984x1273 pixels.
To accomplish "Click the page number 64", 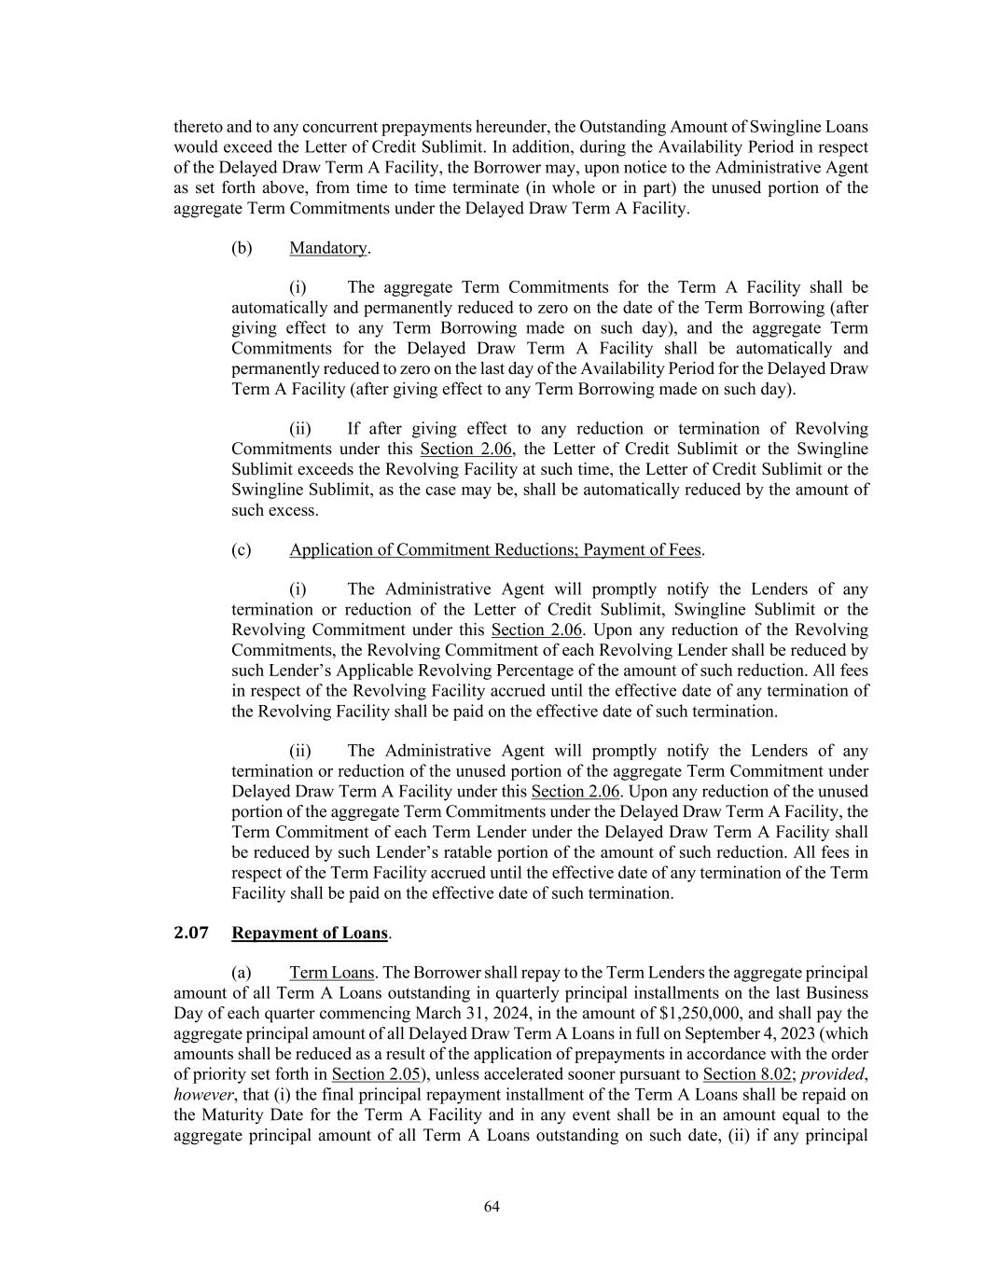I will click(x=492, y=1207).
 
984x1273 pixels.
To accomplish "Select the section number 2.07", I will click(x=190, y=933).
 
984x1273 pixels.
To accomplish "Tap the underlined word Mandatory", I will click(x=328, y=248).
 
